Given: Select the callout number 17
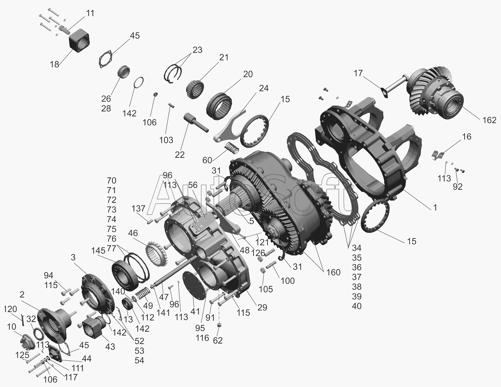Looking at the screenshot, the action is point(358,73).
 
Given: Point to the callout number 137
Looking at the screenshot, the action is point(138,208).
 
